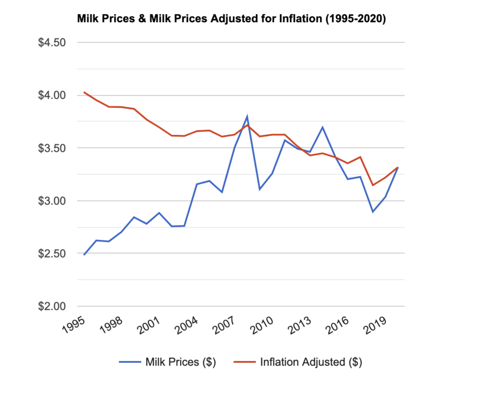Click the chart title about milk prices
232,19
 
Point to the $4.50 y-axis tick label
51,42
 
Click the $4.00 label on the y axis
51,95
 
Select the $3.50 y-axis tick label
51,148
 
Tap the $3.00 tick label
51,201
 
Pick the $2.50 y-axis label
51,253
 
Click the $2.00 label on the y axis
51,306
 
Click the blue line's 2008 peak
247,116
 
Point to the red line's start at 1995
84,93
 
